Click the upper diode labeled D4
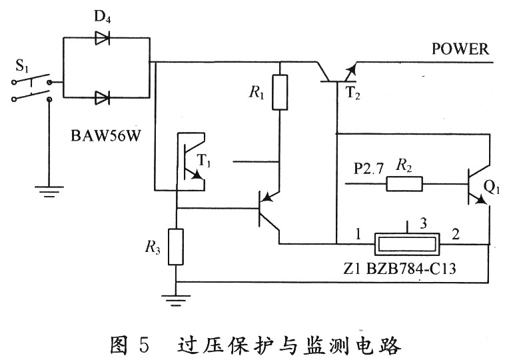102,38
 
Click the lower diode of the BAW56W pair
102,99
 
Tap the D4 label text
102,17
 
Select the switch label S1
25,66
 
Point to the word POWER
460,49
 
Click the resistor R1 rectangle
280,92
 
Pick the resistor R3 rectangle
176,246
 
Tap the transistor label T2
353,94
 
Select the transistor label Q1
491,189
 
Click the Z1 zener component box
407,243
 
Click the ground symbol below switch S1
47,193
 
